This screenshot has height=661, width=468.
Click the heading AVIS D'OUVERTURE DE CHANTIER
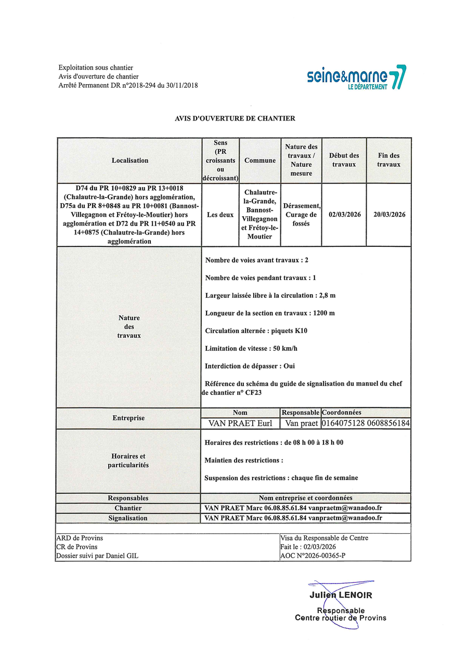pos(235,118)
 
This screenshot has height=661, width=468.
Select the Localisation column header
pos(130,161)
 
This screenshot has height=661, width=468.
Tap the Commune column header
pos(260,161)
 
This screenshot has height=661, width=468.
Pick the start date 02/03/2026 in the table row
pos(344,215)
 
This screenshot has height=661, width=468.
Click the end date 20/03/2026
pos(389,215)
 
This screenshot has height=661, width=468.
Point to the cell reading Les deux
pos(220,215)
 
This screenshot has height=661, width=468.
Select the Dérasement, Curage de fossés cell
pos(301,215)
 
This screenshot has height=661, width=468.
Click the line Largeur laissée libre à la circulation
pos(270,296)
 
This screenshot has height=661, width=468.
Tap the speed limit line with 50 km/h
pos(251,349)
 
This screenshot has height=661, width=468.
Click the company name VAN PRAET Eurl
pos(240,424)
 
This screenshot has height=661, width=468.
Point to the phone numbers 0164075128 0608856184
pos(366,424)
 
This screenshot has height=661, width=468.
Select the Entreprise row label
pos(128,418)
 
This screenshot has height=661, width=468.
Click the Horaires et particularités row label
pos(128,461)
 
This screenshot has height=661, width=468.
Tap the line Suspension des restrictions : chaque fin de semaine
pos(281,478)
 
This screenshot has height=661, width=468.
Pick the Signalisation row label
pos(128,518)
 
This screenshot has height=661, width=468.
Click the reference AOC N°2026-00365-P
pos(313,556)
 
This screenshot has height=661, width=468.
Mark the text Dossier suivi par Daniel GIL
pos(97,556)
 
